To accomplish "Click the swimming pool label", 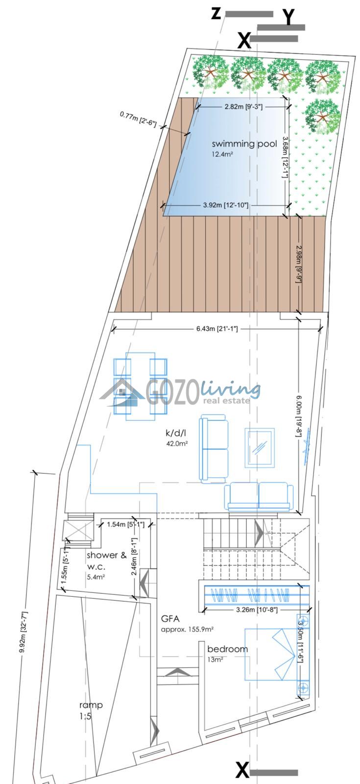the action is click(244, 144).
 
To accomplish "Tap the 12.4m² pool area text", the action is click(222, 154).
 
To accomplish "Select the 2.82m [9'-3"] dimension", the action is click(243, 107).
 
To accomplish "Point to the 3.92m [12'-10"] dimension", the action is click(226, 205).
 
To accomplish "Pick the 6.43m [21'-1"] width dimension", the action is click(217, 329).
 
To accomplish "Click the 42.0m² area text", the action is click(177, 443).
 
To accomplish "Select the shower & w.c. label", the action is click(106, 561).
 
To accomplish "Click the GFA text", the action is click(170, 618).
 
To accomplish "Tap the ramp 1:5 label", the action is click(91, 710).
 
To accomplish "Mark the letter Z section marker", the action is click(216, 14).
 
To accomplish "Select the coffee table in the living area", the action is click(260, 448).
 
